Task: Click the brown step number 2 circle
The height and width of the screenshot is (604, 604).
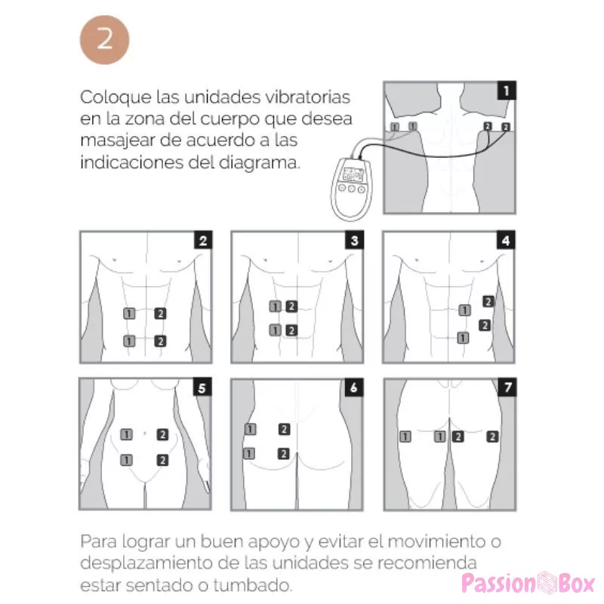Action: tap(104, 40)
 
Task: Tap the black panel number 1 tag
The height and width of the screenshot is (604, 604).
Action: tap(506, 91)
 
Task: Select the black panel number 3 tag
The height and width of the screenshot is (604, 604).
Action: tap(354, 240)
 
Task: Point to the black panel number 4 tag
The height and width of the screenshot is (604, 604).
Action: tap(506, 240)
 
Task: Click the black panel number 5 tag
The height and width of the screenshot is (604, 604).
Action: tap(202, 387)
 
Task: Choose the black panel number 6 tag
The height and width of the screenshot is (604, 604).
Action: tap(354, 387)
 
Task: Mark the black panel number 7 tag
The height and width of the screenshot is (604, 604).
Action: tap(507, 387)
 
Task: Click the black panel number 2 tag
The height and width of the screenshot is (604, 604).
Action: tap(203, 240)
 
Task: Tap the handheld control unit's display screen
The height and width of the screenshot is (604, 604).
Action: tap(353, 175)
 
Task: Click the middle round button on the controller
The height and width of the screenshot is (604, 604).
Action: tap(351, 189)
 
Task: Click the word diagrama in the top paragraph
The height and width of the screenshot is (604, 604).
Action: tap(259, 162)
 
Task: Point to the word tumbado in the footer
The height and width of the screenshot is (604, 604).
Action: tap(253, 585)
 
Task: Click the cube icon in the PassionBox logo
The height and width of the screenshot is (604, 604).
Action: tap(546, 583)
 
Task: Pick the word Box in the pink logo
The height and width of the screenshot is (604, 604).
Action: tap(576, 584)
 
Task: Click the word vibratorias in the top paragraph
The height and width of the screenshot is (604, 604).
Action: tap(308, 97)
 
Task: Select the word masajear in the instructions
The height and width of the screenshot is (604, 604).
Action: tap(117, 141)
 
